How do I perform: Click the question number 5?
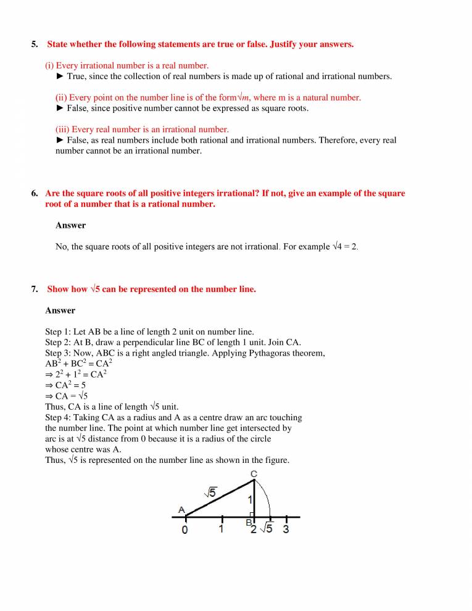tap(34, 44)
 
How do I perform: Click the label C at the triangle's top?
tap(254, 474)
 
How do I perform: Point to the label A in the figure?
tap(181, 509)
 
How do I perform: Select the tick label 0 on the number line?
tap(184, 530)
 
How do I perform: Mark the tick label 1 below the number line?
tap(221, 529)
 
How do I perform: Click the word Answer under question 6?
tap(70, 225)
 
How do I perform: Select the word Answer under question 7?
tap(60, 310)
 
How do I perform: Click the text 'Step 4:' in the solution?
tap(59, 418)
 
